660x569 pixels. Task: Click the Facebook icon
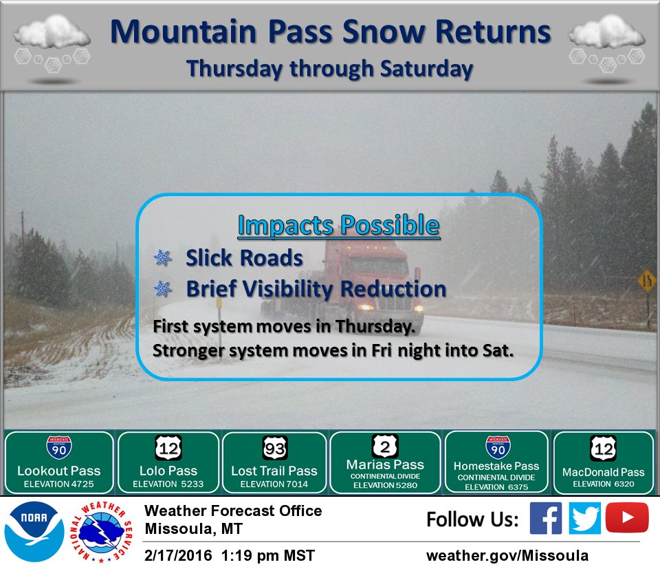(546, 518)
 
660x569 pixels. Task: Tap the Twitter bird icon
(585, 518)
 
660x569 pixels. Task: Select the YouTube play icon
(627, 518)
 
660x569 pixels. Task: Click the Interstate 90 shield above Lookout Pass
(58, 448)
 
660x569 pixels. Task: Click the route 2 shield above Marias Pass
(385, 446)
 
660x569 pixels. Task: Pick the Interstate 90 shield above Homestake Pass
(498, 447)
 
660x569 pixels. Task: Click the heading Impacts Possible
(338, 226)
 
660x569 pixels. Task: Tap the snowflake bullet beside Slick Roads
(162, 258)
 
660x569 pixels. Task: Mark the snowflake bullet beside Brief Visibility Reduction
(162, 290)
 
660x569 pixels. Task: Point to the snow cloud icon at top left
(52, 43)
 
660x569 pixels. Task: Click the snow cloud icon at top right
(607, 43)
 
